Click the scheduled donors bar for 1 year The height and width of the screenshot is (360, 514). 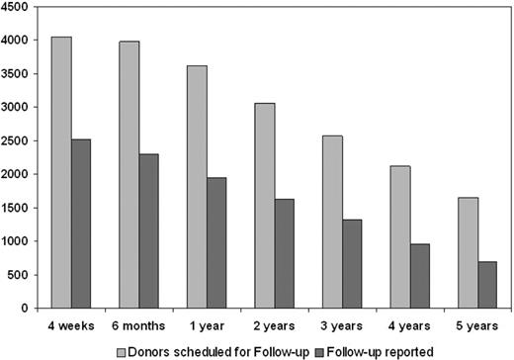tap(195, 187)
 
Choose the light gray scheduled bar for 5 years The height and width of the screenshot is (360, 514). tap(463, 252)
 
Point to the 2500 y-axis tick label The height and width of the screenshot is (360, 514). tap(17, 140)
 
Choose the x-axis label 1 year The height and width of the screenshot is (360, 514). tap(205, 322)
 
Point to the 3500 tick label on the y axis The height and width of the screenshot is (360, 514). tap(17, 73)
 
